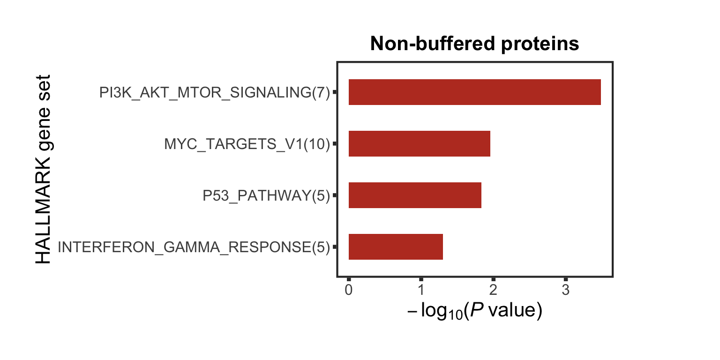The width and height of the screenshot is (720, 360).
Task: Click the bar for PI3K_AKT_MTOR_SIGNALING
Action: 474,92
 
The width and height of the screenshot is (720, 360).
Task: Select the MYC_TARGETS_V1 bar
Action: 419,144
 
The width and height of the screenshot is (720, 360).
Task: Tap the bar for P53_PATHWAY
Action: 415,195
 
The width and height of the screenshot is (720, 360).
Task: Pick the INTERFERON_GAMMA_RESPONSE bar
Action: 396,247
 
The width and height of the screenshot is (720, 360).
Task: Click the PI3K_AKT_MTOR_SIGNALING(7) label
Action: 214,93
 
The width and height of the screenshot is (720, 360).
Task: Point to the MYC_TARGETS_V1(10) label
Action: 247,144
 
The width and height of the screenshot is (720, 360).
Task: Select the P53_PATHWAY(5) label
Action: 266,195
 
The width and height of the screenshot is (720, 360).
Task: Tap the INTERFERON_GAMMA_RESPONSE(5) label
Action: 194,247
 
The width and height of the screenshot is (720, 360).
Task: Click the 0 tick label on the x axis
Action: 348,290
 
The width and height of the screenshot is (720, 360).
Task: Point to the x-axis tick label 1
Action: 421,290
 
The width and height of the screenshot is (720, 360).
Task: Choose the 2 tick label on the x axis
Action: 493,290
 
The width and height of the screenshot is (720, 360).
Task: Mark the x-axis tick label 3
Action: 566,290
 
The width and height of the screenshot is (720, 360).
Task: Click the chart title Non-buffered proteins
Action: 474,44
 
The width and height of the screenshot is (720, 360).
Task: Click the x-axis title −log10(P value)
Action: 474,311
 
